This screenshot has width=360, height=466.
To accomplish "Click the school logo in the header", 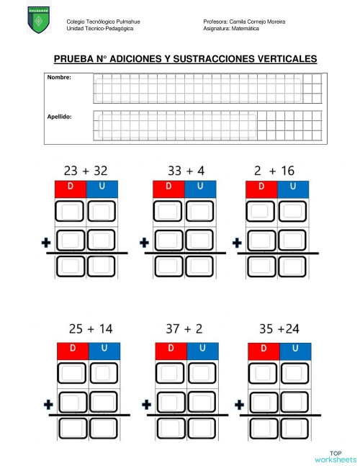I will coord(38,19).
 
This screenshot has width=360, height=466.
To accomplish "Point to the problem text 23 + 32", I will coord(85,171).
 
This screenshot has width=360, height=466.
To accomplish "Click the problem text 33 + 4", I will coord(186,171).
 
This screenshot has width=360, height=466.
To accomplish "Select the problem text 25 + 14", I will coord(90,329).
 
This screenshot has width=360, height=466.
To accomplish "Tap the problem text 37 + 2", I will coord(185,329).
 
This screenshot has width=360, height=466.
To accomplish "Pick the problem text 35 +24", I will coord(279,329).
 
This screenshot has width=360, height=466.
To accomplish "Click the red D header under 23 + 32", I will coord(70,189).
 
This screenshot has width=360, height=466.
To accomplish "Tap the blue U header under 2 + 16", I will coord(293,189).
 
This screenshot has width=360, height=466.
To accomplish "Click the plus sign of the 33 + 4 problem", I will coord(144,243).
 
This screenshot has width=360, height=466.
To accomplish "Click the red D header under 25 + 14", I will coord(73,351).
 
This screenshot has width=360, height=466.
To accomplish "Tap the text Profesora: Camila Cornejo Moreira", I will coord(244,22).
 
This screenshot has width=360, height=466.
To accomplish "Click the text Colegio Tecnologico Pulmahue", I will coord(102,22).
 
